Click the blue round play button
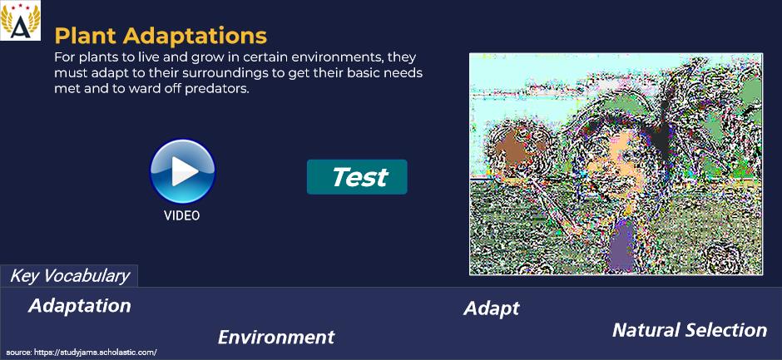pos(182,171)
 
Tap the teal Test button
pos(357,177)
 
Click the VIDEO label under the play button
pos(182,215)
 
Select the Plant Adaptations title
pos(161,36)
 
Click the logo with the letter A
pos(21,21)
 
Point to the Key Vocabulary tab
pos(69,276)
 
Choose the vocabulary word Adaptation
pos(80,306)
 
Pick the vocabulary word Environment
pos(276,338)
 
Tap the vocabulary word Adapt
pos(492,308)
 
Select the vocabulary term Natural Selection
pos(690,330)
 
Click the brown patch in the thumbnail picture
pos(513,149)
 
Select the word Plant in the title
pos(86,36)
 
